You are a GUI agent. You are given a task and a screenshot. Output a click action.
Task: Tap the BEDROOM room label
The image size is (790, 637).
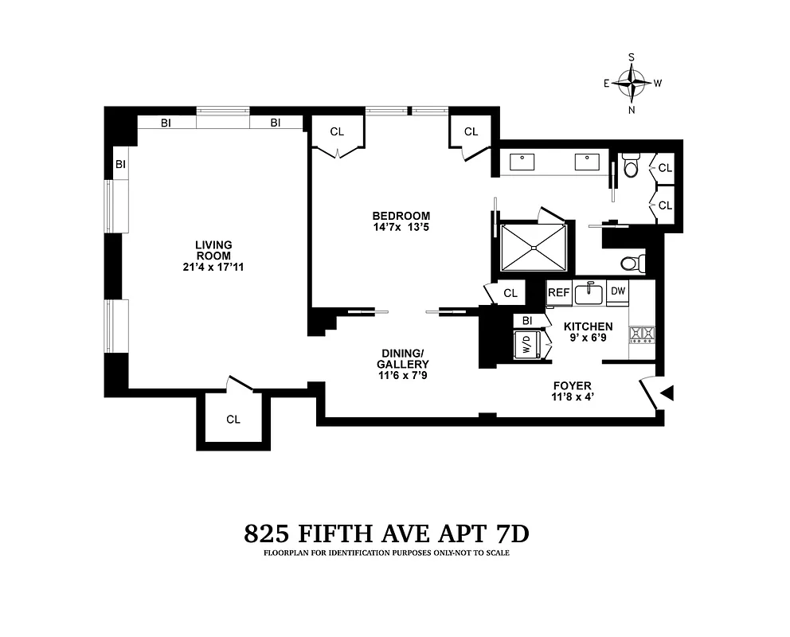pos(401,216)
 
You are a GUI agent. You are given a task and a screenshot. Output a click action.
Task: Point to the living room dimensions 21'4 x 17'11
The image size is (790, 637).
pos(213,267)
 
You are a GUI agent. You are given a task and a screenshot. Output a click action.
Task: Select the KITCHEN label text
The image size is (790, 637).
pos(588,326)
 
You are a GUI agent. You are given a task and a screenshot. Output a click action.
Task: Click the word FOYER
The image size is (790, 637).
pos(572,386)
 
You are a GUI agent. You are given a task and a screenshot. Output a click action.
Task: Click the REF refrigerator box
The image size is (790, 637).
pos(558,293)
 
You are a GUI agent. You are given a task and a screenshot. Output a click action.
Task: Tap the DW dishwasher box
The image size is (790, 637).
pos(618,292)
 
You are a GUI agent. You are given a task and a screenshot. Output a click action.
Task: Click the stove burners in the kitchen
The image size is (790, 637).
pos(641,334)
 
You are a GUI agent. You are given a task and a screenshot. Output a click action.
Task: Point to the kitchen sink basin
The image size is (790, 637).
pos(589,294)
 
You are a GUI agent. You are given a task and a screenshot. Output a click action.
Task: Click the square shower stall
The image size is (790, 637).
pos(533,247)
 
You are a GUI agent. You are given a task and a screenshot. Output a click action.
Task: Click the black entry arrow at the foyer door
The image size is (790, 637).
pos(667,392)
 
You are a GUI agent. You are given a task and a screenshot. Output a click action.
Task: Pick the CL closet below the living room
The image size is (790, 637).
pos(233,419)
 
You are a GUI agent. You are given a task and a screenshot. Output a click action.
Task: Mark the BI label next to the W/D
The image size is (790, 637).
pos(526,321)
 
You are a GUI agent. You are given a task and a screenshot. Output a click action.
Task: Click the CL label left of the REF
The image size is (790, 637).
pos(510,293)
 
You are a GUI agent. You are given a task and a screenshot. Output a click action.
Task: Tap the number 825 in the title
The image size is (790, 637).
pos(268,534)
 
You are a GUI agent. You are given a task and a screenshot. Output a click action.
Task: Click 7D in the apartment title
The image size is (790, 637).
pos(507,534)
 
